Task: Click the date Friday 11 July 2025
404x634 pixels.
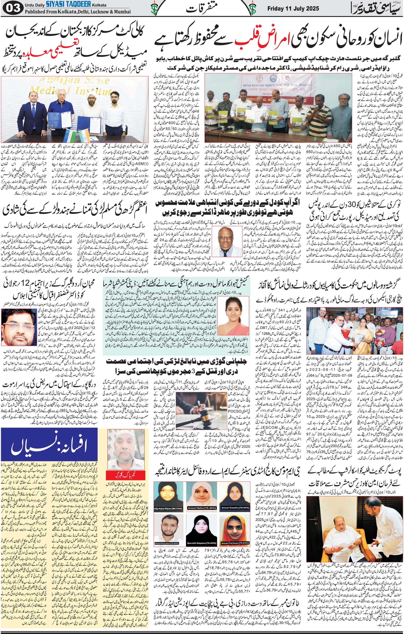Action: (x=293, y=9)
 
